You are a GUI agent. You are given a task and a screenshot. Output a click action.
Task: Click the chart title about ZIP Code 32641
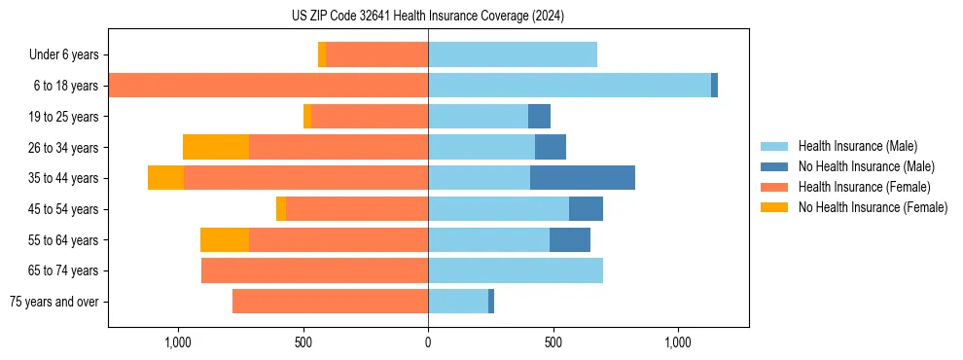click(428, 16)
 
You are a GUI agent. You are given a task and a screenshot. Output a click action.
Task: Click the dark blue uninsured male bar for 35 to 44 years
click(582, 178)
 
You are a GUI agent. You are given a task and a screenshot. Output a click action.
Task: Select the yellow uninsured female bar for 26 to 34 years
click(215, 147)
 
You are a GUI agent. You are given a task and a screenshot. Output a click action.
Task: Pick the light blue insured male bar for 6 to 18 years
click(569, 86)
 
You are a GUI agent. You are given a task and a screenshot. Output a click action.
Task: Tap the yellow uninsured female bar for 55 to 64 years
click(224, 239)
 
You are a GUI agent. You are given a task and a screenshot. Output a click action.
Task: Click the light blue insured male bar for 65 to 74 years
click(516, 270)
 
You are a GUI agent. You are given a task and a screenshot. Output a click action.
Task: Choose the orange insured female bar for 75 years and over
click(330, 302)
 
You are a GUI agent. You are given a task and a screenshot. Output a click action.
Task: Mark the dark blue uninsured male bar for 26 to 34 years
click(550, 147)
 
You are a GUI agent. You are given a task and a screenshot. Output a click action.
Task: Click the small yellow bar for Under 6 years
click(322, 55)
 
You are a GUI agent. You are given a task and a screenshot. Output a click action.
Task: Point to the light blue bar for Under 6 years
click(513, 55)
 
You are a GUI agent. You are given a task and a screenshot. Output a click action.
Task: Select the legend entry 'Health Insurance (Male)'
click(857, 146)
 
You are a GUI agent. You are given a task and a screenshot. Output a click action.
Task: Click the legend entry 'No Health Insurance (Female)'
click(873, 207)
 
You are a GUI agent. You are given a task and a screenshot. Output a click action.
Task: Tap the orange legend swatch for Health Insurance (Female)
click(774, 187)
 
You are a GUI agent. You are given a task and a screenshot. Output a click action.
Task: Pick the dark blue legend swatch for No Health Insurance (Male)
click(774, 166)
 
